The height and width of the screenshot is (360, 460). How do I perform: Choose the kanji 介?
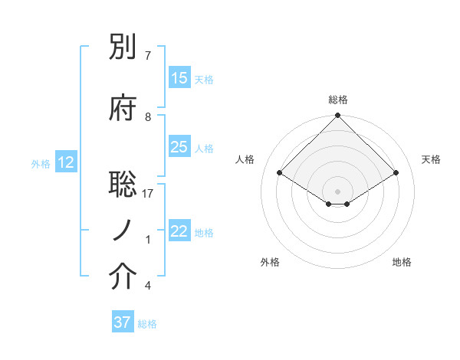[124, 279]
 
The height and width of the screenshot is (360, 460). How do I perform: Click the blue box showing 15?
[179, 78]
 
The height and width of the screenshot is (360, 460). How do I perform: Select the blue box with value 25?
[179, 147]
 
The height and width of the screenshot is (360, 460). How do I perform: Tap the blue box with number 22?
[179, 231]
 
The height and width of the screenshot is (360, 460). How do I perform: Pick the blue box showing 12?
[66, 162]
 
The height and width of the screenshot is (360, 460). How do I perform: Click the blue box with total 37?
[122, 322]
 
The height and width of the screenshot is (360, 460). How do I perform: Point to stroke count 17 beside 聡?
[148, 194]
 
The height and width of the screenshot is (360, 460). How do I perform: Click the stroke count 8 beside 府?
[148, 116]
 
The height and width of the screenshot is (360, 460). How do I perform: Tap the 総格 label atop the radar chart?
[337, 100]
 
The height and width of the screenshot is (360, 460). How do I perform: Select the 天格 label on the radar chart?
[431, 159]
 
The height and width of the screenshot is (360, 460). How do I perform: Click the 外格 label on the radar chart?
[270, 262]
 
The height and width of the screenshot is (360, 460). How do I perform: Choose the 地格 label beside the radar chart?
[402, 262]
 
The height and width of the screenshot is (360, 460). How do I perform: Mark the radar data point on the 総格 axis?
[337, 116]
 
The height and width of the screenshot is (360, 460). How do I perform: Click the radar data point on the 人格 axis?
[280, 173]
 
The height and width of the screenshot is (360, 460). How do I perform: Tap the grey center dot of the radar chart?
[337, 191]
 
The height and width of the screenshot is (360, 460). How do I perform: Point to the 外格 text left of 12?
[40, 163]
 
